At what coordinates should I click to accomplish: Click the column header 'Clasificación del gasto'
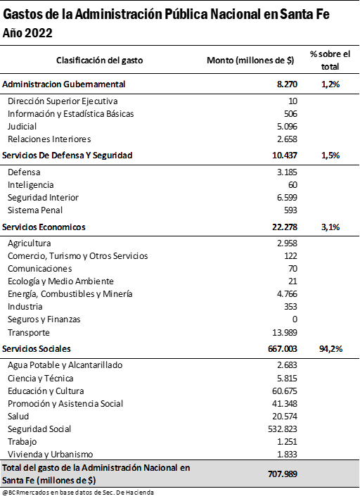tap(100, 60)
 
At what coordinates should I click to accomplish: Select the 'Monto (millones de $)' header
tap(250, 60)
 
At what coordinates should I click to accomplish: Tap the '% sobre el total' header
tap(330, 60)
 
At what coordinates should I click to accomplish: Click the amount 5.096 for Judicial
tap(287, 127)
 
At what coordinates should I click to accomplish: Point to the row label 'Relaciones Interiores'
tap(49, 139)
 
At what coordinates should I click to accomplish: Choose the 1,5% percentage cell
tap(330, 156)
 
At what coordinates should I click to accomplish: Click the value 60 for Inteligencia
tap(292, 185)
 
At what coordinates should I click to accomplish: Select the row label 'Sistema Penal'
tap(35, 210)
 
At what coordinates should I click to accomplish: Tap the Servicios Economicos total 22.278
tap(285, 227)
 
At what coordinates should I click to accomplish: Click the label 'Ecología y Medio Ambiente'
tap(60, 281)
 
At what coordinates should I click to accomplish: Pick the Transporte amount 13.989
tap(285, 333)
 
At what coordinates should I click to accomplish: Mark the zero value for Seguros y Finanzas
tap(295, 319)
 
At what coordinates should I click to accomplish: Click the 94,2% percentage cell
tap(330, 349)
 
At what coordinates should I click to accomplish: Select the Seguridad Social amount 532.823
tap(283, 429)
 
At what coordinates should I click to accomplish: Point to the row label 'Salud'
tap(18, 417)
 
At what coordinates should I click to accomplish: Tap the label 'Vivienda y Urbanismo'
tap(51, 455)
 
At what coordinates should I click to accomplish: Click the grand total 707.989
tap(283, 474)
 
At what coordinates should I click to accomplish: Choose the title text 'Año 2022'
tap(27, 33)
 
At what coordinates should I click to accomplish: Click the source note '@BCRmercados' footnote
tap(77, 493)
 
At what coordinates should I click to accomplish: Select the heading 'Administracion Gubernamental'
tap(64, 84)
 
